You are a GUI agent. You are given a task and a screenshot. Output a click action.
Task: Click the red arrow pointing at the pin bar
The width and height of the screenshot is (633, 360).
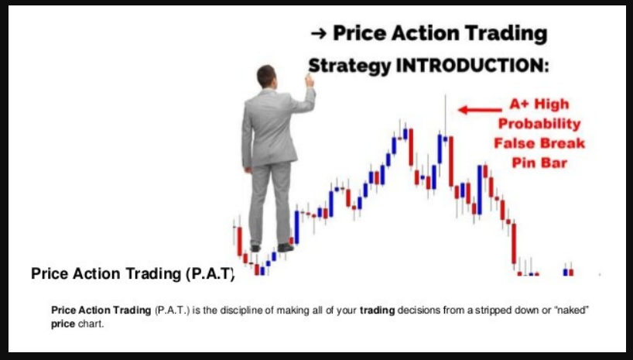pyautogui.click(x=480, y=109)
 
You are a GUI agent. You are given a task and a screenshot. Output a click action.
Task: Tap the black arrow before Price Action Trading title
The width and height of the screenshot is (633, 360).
pyautogui.click(x=319, y=34)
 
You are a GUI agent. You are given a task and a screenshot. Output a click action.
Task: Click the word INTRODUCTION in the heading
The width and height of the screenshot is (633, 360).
pyautogui.click(x=472, y=66)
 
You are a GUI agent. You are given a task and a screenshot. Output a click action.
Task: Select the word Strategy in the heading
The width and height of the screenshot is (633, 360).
pyautogui.click(x=350, y=67)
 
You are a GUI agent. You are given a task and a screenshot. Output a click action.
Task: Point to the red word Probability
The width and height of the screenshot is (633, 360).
pyautogui.click(x=539, y=124)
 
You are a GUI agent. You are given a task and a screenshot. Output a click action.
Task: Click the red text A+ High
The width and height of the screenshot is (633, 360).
pyautogui.click(x=539, y=105)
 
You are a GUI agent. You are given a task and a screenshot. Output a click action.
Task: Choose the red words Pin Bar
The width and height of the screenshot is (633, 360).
pyautogui.click(x=539, y=163)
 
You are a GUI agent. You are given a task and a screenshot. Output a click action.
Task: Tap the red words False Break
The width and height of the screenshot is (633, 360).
pyautogui.click(x=539, y=143)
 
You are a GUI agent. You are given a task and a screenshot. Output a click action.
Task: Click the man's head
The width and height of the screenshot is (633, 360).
pyautogui.click(x=267, y=77)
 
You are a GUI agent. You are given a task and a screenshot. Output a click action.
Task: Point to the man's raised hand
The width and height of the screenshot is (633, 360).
pyautogui.click(x=310, y=81)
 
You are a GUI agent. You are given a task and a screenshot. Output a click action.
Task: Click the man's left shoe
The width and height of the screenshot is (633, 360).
pyautogui.click(x=255, y=248)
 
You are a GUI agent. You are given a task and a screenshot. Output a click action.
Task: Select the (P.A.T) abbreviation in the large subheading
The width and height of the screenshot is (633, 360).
pyautogui.click(x=210, y=274)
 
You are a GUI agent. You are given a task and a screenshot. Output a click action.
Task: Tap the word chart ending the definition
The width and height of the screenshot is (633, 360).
pyautogui.click(x=91, y=324)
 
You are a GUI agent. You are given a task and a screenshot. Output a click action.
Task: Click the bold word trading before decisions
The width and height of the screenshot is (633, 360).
pyautogui.click(x=377, y=310)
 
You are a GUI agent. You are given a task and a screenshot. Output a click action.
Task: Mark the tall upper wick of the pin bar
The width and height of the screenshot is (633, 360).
pyautogui.click(x=445, y=115)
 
